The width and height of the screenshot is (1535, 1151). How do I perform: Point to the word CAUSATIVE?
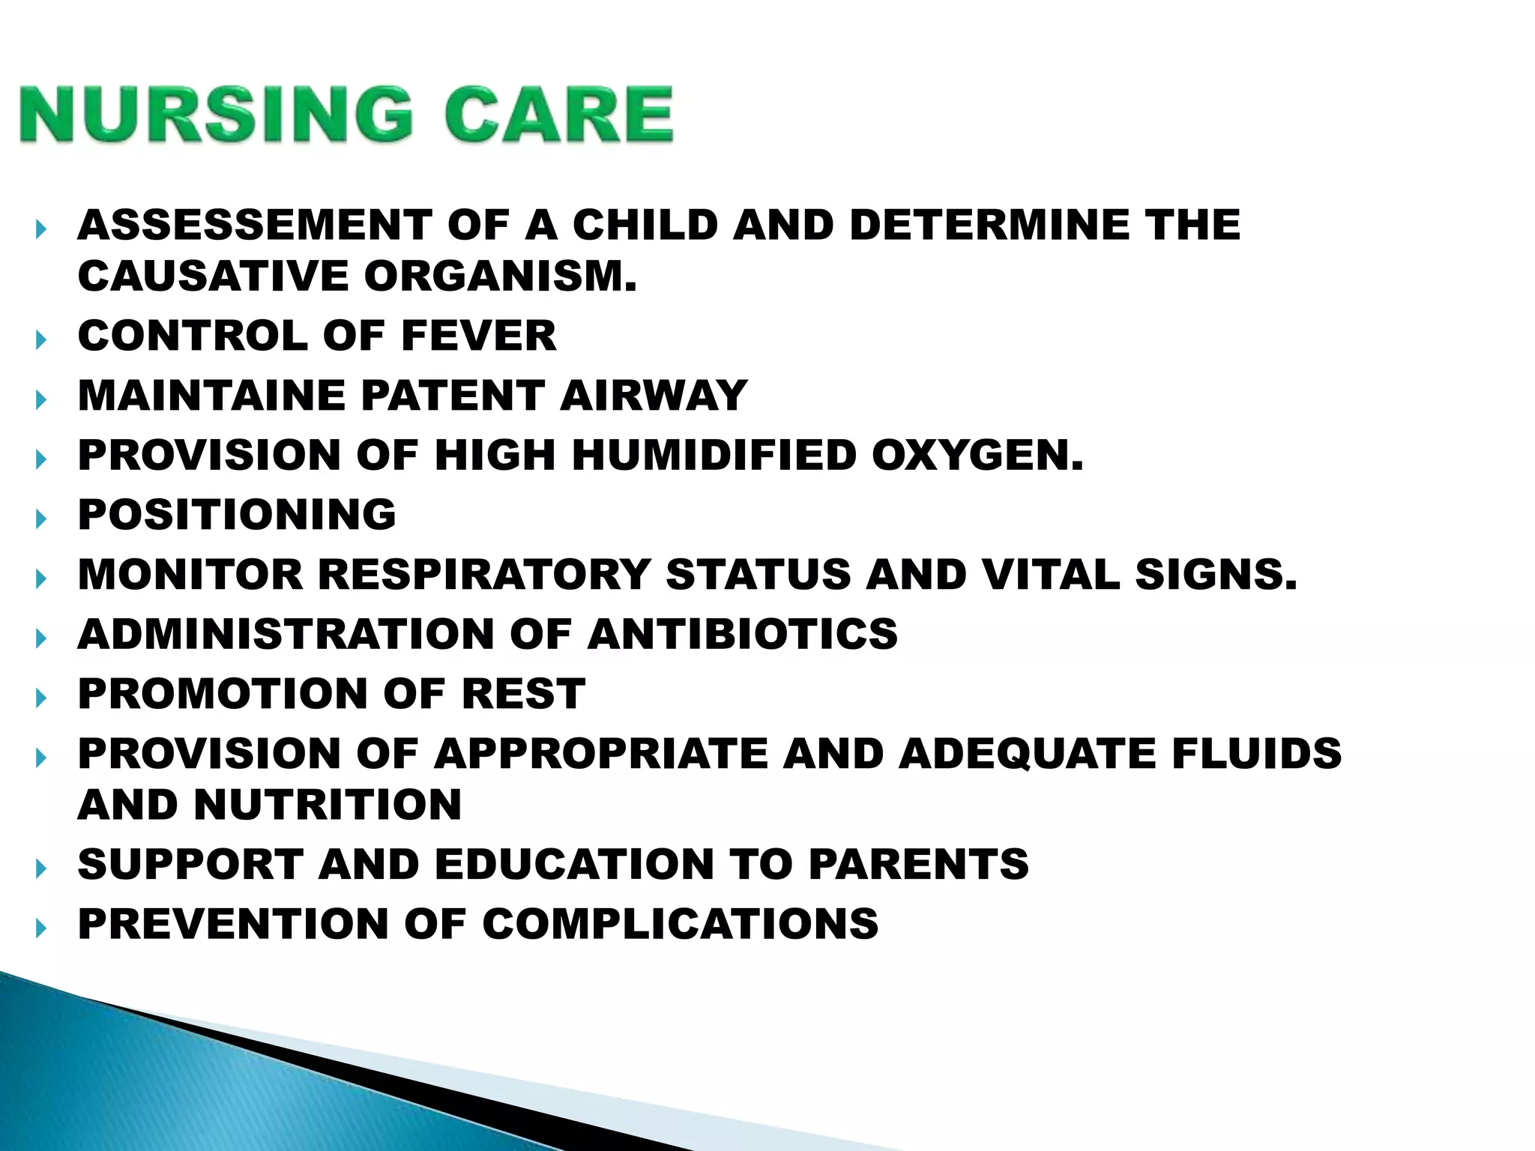coord(214,277)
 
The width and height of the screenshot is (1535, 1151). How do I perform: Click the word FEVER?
coord(479,336)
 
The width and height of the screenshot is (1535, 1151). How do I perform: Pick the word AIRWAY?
coord(654,396)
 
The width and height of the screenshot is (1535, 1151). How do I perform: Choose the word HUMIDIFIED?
coord(714,456)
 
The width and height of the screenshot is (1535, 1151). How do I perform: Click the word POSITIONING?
coord(237,515)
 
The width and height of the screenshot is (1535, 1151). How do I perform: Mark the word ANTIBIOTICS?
coord(742,634)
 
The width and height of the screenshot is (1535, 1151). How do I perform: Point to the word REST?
coord(522,694)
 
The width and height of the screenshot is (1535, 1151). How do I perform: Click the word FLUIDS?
coord(1256,753)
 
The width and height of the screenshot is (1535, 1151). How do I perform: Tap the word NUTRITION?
coord(328,805)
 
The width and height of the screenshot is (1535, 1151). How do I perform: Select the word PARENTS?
coord(918,864)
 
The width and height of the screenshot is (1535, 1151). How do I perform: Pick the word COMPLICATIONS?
coord(680,924)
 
